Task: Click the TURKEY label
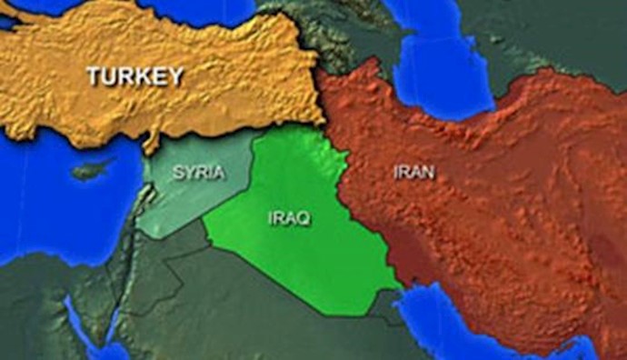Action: (134, 77)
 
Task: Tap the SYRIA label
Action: (197, 171)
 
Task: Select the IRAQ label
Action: (289, 219)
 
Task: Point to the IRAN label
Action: (414, 171)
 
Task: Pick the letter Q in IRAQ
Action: (304, 219)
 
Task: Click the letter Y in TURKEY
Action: (174, 77)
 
